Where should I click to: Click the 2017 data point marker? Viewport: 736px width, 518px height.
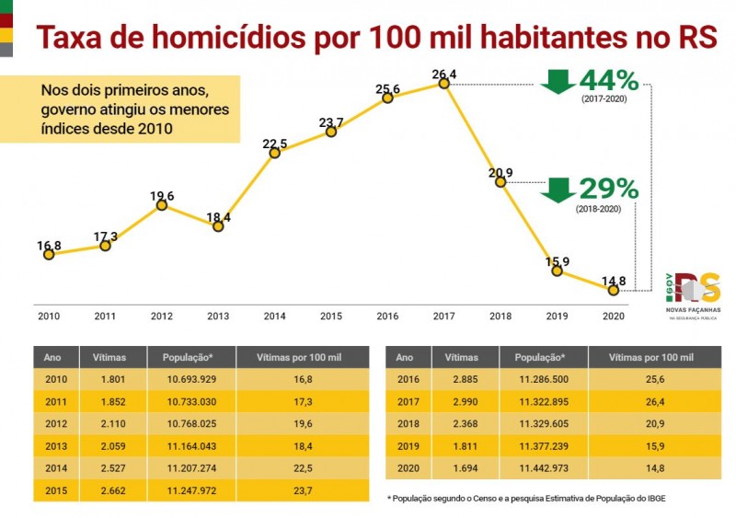[x=444, y=83]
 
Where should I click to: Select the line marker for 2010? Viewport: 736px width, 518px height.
[x=49, y=254]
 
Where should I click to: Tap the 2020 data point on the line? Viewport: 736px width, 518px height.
[x=614, y=290]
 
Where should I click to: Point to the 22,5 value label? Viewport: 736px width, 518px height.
[x=275, y=144]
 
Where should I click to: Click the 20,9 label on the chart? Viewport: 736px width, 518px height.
[x=500, y=173]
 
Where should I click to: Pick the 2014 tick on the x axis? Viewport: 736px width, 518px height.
[x=275, y=316]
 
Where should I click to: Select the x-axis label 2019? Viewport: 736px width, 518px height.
[x=557, y=316]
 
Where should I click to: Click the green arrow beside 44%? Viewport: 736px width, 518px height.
[x=557, y=81]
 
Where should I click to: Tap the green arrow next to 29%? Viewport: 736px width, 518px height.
[x=557, y=190]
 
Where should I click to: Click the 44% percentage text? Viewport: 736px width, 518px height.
[x=608, y=77]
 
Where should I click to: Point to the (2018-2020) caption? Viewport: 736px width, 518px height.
[x=599, y=209]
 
